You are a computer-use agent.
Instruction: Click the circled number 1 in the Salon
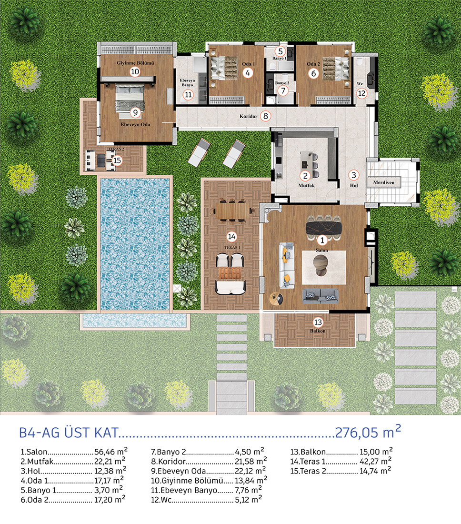click(x=322, y=240)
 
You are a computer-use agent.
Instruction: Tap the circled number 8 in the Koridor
click(x=266, y=116)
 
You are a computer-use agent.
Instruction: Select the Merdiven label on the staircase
click(x=384, y=182)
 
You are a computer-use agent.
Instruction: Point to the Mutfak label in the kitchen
click(x=306, y=185)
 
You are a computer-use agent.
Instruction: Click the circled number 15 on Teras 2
click(x=117, y=161)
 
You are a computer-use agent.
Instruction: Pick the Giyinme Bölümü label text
click(x=135, y=63)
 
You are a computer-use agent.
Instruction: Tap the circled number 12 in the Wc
click(x=362, y=93)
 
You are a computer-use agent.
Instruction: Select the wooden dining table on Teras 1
click(x=233, y=211)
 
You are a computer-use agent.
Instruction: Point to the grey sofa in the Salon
click(x=320, y=296)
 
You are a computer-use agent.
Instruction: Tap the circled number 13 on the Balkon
click(x=318, y=322)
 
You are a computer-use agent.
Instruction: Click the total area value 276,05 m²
click(x=368, y=432)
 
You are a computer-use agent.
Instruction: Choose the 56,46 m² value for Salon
click(x=111, y=452)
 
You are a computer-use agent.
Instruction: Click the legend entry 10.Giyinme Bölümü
click(x=209, y=481)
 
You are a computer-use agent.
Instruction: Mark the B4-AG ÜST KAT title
click(x=69, y=433)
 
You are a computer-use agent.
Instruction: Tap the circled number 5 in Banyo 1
click(x=281, y=51)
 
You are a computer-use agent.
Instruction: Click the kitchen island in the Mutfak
click(x=307, y=161)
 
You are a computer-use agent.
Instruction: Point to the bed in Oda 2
click(x=335, y=69)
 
